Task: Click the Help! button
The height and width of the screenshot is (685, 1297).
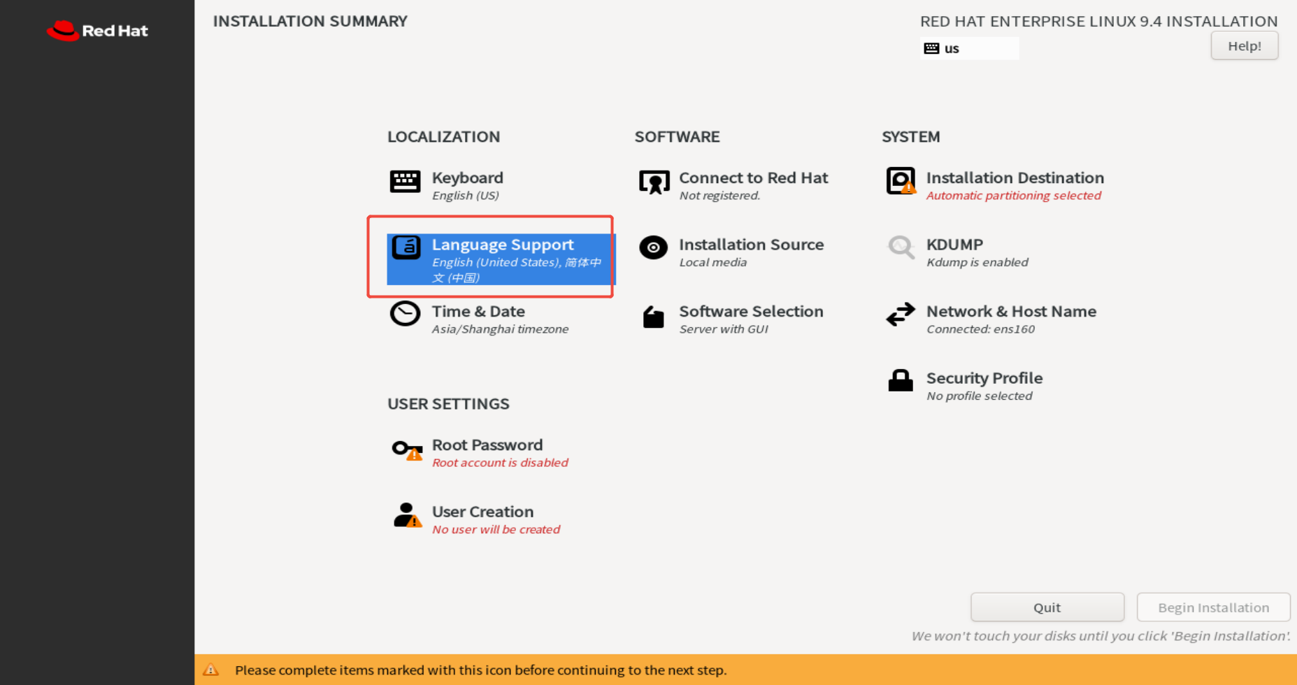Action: [1244, 46]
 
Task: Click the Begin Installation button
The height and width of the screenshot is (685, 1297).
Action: [1213, 607]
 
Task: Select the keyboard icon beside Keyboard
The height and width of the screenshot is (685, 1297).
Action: [405, 182]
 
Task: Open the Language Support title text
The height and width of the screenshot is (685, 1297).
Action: [503, 245]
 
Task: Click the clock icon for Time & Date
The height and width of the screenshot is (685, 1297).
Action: [405, 314]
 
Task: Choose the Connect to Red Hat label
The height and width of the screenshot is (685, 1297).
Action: [753, 178]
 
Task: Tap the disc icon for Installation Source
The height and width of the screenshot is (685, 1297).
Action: [653, 247]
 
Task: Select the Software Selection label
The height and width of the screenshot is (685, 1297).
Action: [751, 311]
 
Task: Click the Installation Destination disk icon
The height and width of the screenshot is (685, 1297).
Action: [900, 181]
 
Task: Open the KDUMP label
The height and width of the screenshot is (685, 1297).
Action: [954, 245]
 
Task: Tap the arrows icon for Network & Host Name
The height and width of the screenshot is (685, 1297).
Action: [900, 315]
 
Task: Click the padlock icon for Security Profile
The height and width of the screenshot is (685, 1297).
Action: [900, 381]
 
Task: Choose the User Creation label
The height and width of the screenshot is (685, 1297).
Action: [482, 512]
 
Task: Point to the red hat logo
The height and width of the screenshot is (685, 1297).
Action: [63, 31]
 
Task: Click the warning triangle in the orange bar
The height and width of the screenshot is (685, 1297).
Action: [210, 670]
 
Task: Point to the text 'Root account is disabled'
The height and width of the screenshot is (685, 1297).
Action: [500, 463]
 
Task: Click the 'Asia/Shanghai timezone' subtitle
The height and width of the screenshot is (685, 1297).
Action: [500, 329]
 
